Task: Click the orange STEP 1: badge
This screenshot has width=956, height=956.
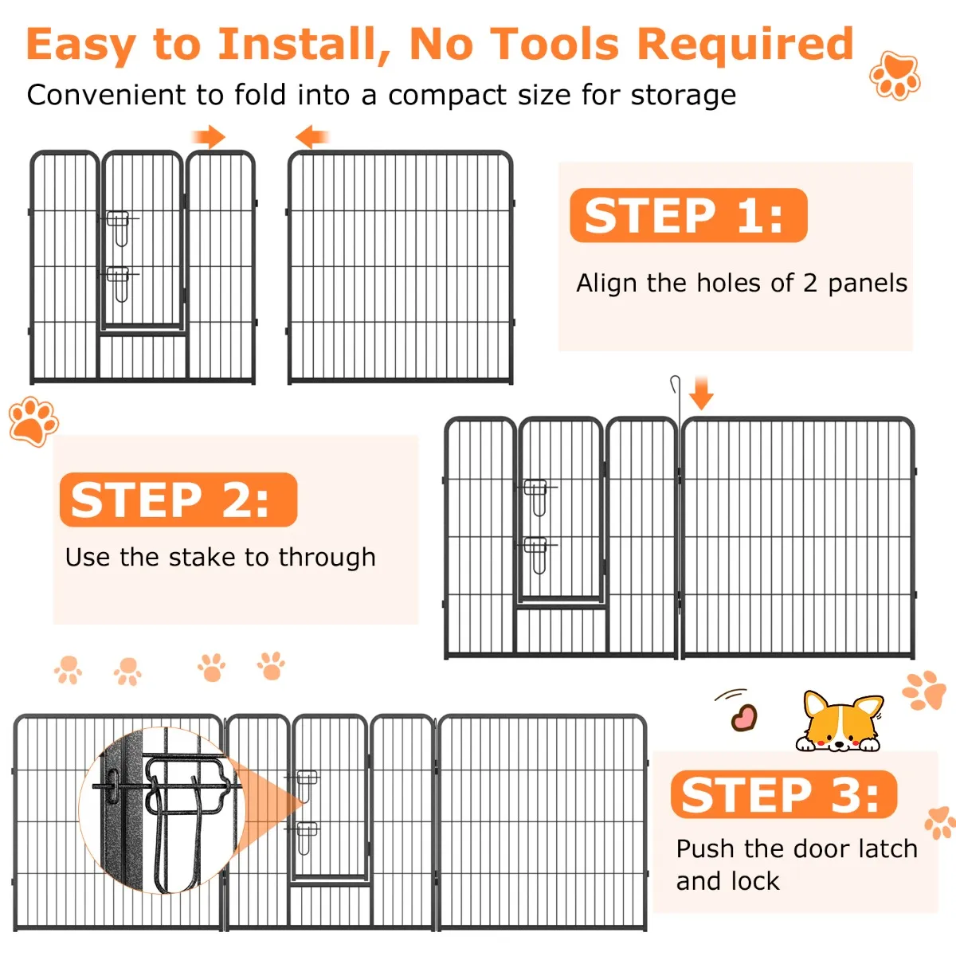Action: click(688, 215)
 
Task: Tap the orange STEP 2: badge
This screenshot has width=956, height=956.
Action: click(178, 500)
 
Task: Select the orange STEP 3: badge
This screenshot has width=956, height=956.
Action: click(784, 793)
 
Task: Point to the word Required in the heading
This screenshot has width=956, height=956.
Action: click(745, 45)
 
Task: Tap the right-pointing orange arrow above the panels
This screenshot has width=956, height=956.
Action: click(209, 137)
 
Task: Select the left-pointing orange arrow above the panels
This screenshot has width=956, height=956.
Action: click(312, 137)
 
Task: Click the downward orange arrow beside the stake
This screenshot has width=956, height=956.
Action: click(701, 393)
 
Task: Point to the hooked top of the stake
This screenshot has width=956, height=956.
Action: click(675, 382)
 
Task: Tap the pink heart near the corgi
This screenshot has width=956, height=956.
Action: click(743, 717)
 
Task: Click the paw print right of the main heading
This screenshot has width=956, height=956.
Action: click(895, 76)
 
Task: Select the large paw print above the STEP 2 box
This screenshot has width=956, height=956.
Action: click(33, 421)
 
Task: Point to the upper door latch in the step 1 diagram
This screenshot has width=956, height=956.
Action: click(119, 228)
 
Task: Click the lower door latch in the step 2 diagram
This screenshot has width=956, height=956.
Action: click(537, 555)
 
